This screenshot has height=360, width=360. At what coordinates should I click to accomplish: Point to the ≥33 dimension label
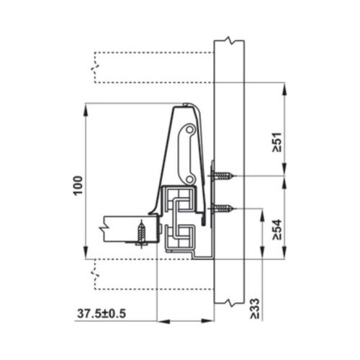pos(256,307)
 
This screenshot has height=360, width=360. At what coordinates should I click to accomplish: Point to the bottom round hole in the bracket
pos(189,177)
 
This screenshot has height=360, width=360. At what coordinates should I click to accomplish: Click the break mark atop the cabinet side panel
pos(229,39)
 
